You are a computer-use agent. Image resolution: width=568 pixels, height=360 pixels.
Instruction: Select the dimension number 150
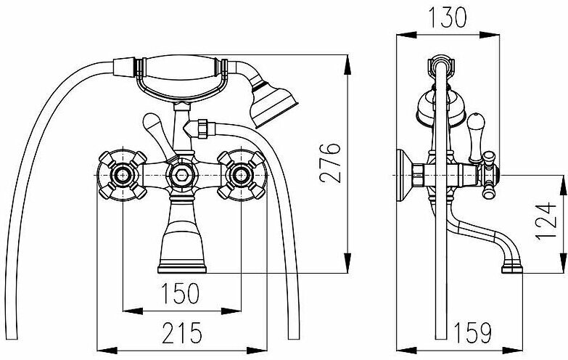click(181, 294)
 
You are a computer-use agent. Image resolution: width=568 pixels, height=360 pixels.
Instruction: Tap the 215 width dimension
click(181, 333)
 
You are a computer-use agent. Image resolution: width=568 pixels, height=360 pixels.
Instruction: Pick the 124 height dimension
click(552, 224)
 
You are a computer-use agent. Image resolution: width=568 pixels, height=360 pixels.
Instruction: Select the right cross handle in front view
click(239, 174)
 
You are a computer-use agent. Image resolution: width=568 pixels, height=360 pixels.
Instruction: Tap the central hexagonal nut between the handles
click(181, 174)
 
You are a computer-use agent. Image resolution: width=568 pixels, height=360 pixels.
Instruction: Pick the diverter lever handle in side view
click(477, 134)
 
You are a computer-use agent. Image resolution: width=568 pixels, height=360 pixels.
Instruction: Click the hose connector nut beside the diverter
click(201, 128)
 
